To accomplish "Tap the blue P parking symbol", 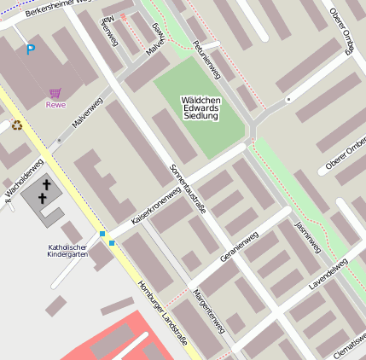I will point(31,49).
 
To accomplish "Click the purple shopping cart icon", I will point(55,93).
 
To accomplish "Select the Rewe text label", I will point(55,105).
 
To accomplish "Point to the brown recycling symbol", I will point(16,125).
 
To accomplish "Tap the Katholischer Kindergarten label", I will point(67,251).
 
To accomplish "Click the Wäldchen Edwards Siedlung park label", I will point(201,107).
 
